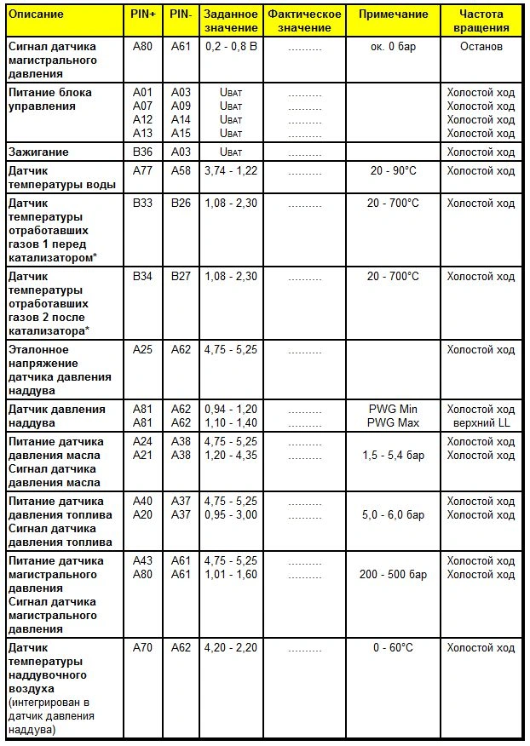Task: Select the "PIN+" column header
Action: [x=142, y=14]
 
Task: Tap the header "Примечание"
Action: [x=393, y=14]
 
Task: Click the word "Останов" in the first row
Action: [x=481, y=47]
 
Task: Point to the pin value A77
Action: [x=142, y=171]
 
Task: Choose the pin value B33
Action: [x=142, y=204]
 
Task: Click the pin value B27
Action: [x=181, y=277]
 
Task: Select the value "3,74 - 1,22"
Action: [x=231, y=171]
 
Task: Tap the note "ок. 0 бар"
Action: [x=393, y=47]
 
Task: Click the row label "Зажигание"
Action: [x=38, y=152]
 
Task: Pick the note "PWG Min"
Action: [x=393, y=410]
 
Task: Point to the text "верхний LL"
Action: [x=481, y=423]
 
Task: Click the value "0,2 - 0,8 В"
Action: [x=231, y=47]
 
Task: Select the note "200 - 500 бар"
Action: [x=393, y=575]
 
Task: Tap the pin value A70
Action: [x=142, y=648]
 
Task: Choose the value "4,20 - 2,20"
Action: [x=231, y=648]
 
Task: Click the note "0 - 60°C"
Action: [x=393, y=648]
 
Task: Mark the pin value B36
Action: [x=142, y=152]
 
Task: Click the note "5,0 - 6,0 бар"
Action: [x=393, y=515]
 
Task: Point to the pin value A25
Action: [x=142, y=350]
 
